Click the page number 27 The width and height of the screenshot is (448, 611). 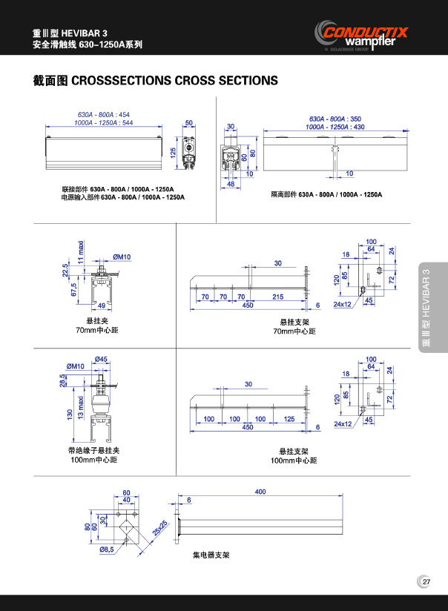[426, 581]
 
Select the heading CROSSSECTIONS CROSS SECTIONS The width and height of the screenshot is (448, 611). [174, 80]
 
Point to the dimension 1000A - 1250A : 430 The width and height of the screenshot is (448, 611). [337, 127]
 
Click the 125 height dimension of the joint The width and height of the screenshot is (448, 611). [173, 151]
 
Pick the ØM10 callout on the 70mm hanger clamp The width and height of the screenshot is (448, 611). [122, 257]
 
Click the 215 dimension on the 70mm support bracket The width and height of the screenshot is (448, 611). [277, 297]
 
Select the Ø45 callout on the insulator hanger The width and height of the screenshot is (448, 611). [102, 360]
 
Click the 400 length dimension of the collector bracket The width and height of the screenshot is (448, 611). [260, 492]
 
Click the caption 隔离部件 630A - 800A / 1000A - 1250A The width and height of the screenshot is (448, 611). [326, 194]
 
